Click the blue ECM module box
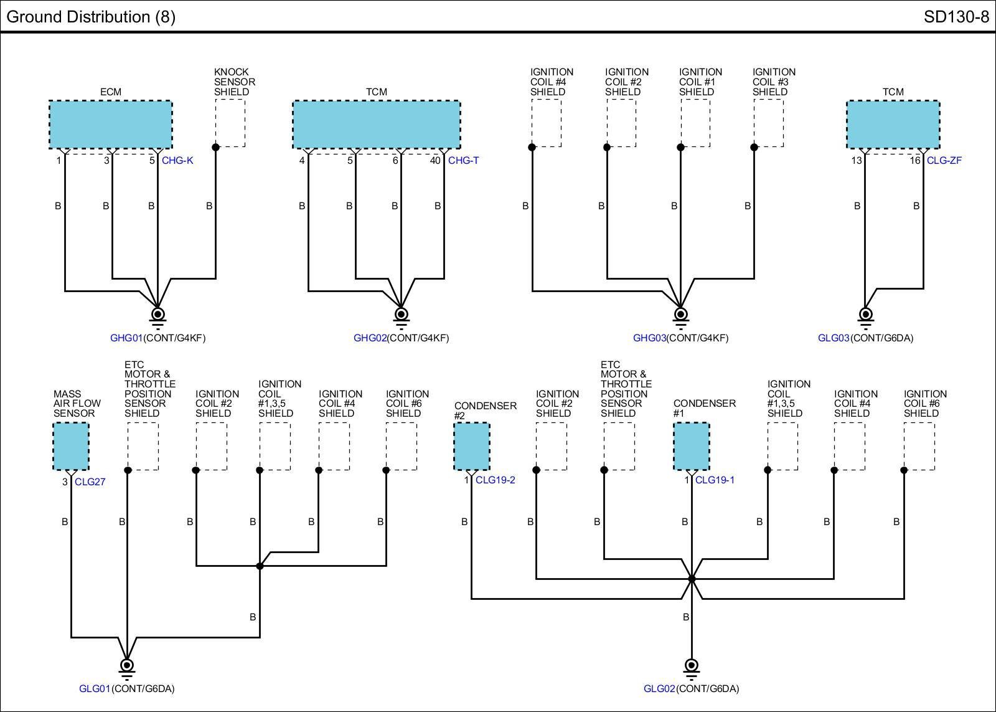click(x=111, y=125)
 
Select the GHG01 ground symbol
click(x=157, y=318)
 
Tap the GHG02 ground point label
click(x=370, y=338)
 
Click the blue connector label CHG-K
click(x=177, y=161)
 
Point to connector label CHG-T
click(x=464, y=161)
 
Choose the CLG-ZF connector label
click(x=944, y=161)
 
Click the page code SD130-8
click(x=956, y=17)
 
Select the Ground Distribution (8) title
click(x=91, y=17)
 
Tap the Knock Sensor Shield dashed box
click(x=230, y=123)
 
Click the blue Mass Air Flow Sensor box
click(x=71, y=447)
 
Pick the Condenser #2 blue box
click(x=472, y=447)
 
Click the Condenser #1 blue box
click(x=692, y=447)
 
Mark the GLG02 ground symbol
click(x=692, y=669)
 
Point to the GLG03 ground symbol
click(x=865, y=318)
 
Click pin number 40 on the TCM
click(x=435, y=161)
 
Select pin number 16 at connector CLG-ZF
click(x=914, y=161)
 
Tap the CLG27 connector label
click(x=90, y=482)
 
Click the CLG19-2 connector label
click(x=496, y=480)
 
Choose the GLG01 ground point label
click(x=95, y=689)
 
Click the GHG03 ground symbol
click(x=680, y=318)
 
